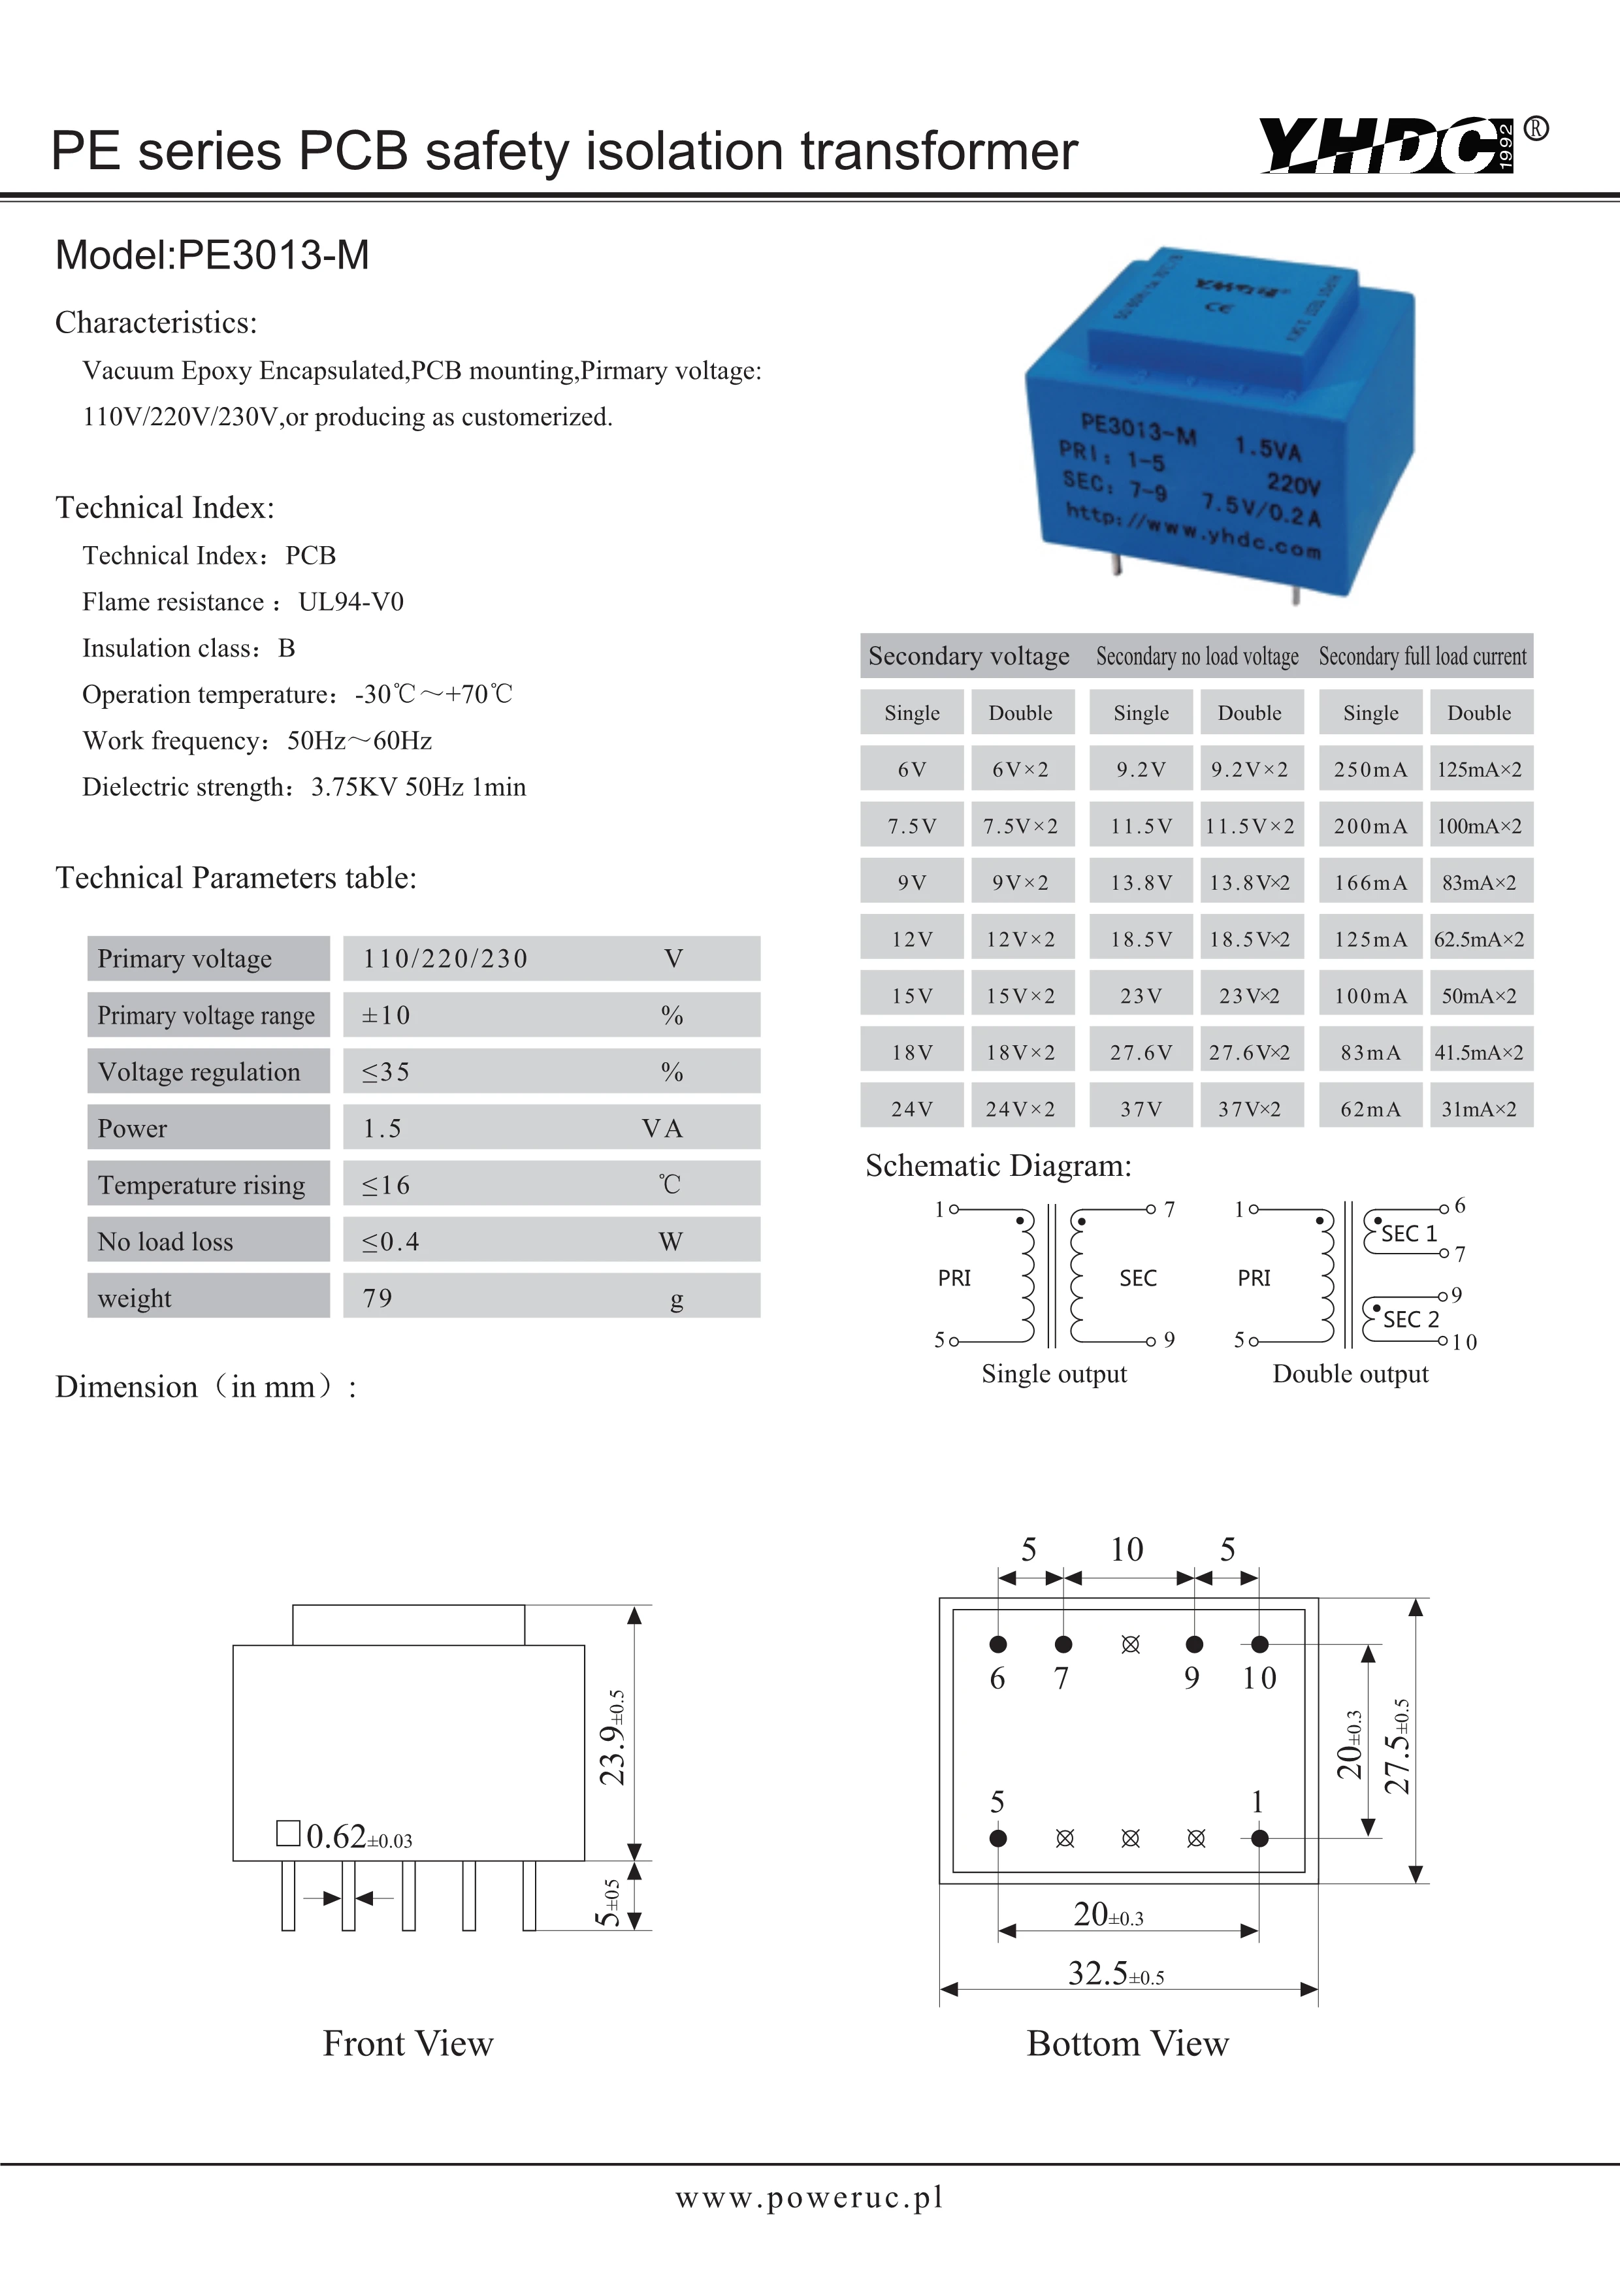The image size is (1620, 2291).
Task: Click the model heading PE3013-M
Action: pyautogui.click(x=212, y=255)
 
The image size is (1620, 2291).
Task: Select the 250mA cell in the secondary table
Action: pyautogui.click(x=1370, y=770)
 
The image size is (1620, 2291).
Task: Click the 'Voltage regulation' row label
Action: pyautogui.click(x=199, y=1071)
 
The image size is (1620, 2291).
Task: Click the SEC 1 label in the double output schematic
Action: pyautogui.click(x=1408, y=1233)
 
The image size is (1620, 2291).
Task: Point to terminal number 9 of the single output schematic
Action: pyautogui.click(x=1169, y=1340)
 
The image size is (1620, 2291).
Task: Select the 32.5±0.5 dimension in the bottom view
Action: pyautogui.click(x=1115, y=1974)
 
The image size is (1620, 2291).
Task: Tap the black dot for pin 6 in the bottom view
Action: pyautogui.click(x=997, y=1644)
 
